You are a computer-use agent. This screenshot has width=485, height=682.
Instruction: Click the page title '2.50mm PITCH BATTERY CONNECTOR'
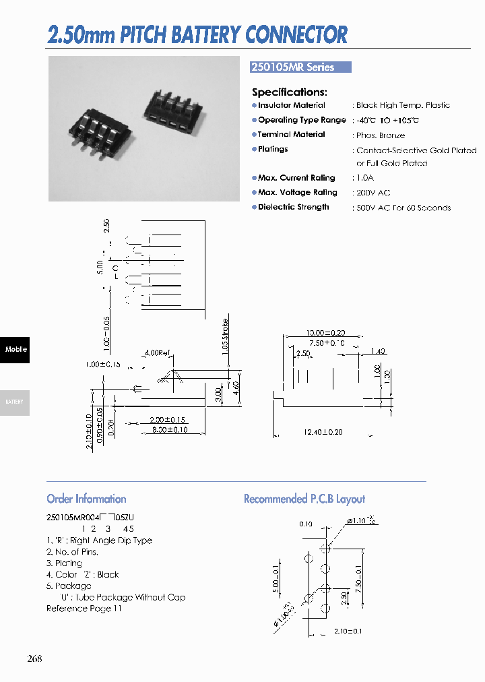click(x=197, y=34)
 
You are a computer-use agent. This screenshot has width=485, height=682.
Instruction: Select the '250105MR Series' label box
click(x=300, y=67)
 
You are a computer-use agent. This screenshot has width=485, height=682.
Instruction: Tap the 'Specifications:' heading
click(x=290, y=92)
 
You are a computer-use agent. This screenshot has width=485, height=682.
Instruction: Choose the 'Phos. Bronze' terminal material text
click(x=381, y=135)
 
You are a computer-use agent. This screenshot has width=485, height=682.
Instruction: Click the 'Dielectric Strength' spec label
click(x=293, y=208)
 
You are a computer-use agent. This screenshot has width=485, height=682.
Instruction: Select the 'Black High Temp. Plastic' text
click(x=403, y=105)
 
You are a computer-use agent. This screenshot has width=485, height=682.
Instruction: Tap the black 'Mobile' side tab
click(x=15, y=350)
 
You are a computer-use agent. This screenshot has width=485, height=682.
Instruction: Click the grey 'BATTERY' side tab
click(x=15, y=402)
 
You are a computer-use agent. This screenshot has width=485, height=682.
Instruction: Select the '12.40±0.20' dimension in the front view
click(x=324, y=432)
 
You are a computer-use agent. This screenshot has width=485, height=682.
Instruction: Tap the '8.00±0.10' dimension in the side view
click(x=168, y=430)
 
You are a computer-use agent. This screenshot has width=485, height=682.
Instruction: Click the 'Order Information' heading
click(x=86, y=499)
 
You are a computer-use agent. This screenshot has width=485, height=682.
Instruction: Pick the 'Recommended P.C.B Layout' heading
click(x=304, y=499)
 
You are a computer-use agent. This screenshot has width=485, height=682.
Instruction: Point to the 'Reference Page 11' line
click(x=84, y=609)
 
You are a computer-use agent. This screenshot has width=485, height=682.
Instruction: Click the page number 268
click(x=35, y=658)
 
